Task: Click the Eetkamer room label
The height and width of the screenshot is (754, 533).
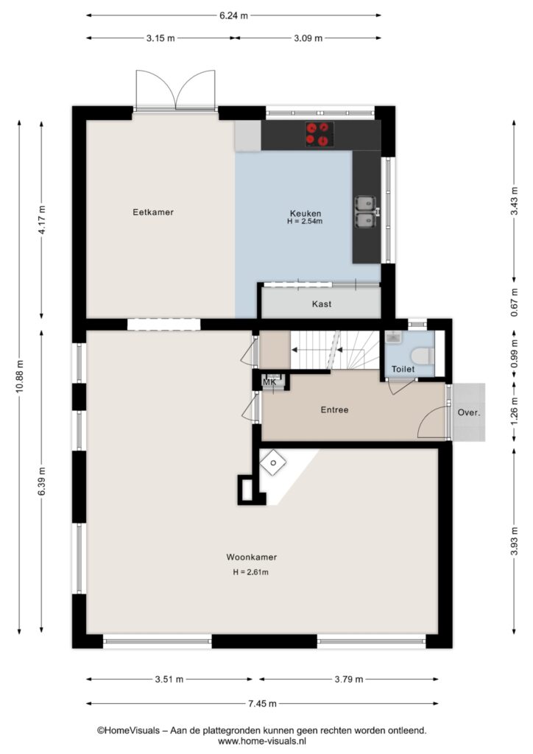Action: point(153,212)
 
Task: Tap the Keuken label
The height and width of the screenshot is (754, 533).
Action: point(306,213)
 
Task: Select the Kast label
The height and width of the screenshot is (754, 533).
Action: point(322,304)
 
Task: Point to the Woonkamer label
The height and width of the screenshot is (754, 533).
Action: point(251,557)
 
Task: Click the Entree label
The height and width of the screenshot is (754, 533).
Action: point(334,409)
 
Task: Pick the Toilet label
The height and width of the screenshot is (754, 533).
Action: point(403,370)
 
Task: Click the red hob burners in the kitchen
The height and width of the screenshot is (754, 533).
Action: point(320,134)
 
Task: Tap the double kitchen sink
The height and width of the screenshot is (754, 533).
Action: point(366,211)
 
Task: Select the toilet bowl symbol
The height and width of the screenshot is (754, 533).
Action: point(423,356)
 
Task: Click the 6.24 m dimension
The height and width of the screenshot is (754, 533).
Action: point(233,15)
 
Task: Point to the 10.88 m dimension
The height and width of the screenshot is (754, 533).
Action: point(19,376)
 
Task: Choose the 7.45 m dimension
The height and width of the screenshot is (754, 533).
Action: point(262,703)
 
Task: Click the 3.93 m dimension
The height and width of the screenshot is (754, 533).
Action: point(515,541)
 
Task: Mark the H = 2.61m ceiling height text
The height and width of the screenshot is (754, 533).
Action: point(251,572)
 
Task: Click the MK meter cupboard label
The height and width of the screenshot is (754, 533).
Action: point(269,382)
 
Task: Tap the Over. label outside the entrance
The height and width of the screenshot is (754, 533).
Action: point(469,412)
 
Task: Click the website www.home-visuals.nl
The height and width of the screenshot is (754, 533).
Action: point(262,741)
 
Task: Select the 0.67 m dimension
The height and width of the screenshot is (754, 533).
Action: point(515,303)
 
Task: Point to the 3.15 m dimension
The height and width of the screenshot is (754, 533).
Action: point(160,38)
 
